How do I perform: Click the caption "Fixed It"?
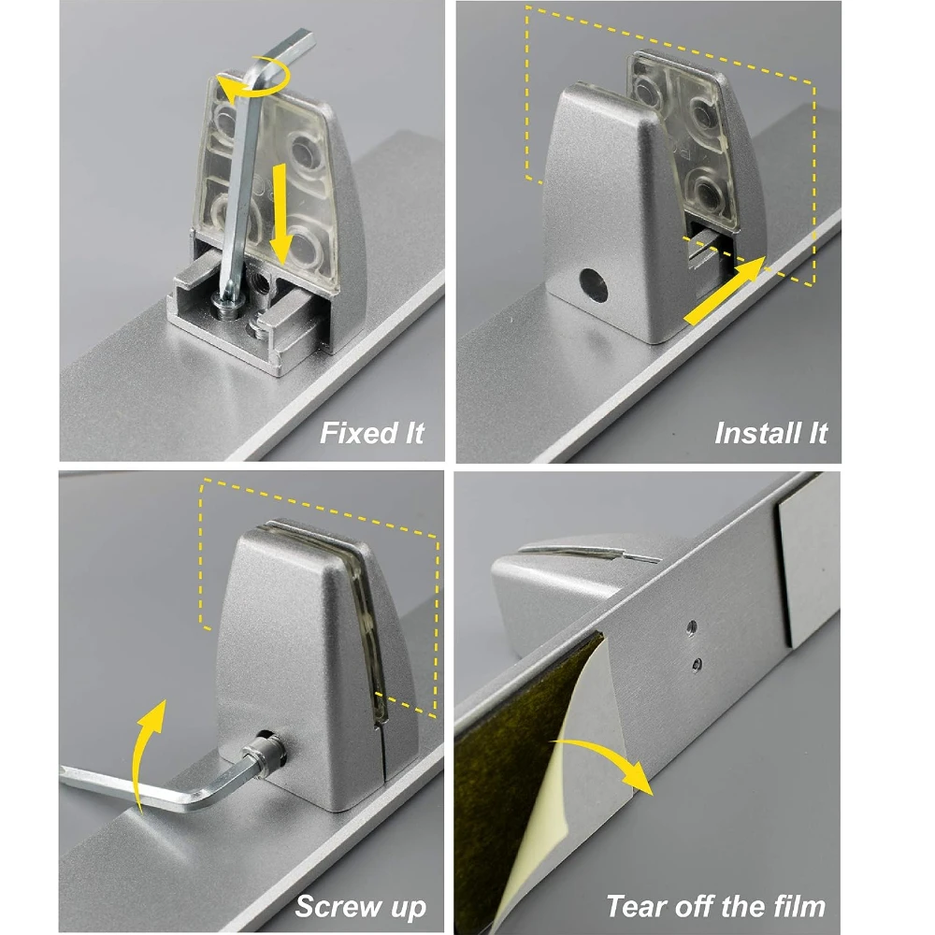coord(371,433)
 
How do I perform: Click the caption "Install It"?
coord(770,433)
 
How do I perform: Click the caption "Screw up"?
coord(360,907)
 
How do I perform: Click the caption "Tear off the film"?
coord(715,906)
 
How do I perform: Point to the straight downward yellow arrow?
coord(280,215)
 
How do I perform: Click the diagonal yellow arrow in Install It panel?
coord(724,291)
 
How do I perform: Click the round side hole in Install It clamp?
coord(594,285)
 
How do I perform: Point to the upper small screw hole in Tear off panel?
coord(692,626)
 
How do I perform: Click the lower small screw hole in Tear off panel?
coord(698,664)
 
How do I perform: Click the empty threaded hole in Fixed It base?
coord(261,278)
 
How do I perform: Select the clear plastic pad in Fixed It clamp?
coord(268,179)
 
